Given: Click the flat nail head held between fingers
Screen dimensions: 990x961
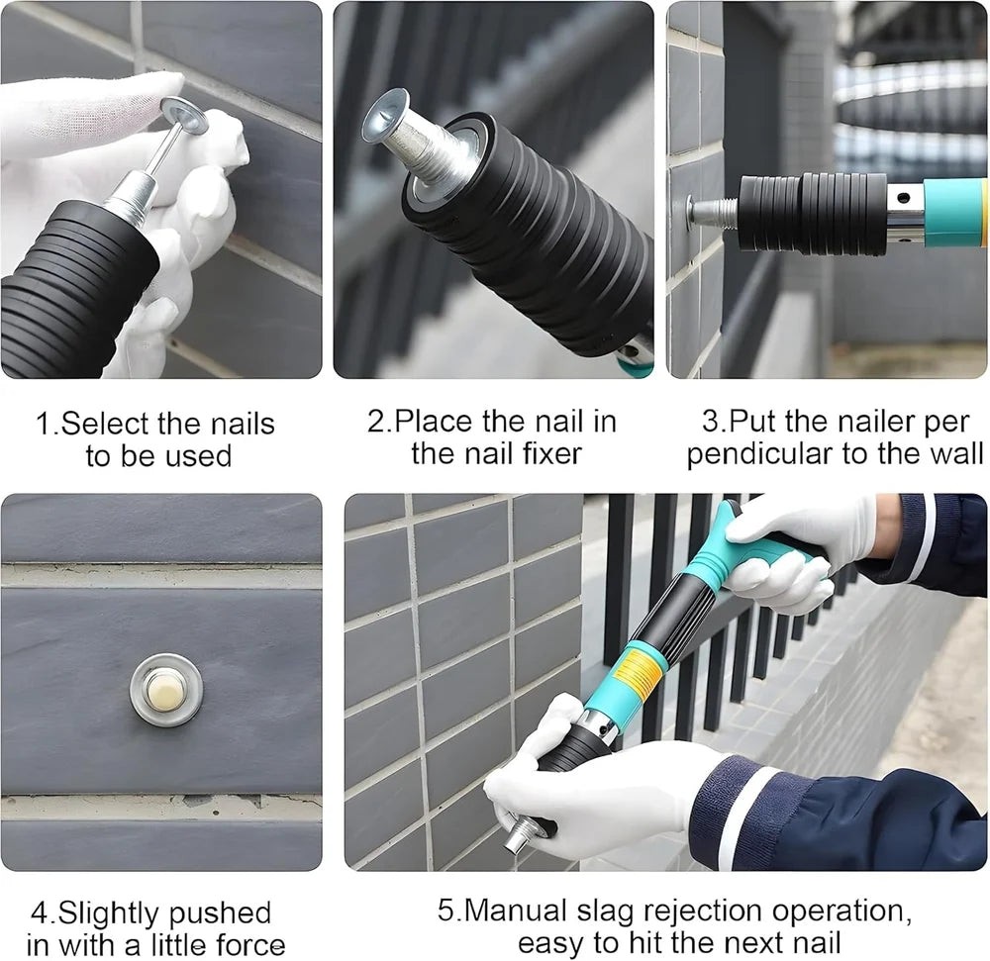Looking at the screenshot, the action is pos(184,115).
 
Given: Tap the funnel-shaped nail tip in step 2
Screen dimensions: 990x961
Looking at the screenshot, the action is pos(384,116).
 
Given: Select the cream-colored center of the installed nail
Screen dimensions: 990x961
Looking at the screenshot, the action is pos(164,690).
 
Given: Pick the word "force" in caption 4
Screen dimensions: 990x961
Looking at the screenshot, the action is pos(250,944).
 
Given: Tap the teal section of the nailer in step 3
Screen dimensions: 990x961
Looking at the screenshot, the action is pos(954,212).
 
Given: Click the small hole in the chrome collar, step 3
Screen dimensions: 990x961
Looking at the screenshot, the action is pos(904,198).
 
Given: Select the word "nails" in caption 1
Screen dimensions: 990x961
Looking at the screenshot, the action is pos(243,424).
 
